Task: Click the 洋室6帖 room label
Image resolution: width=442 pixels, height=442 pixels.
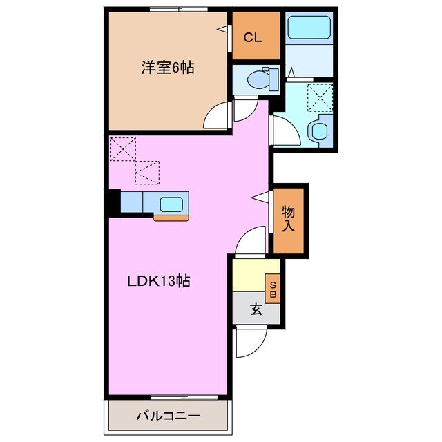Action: pos(168,68)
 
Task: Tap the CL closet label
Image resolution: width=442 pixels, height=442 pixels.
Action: pos(253,38)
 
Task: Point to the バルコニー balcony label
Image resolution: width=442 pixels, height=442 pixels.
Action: pos(167,416)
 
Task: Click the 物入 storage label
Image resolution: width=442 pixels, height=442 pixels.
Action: pos(289,220)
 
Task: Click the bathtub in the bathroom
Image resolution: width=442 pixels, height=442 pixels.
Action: pos(309,28)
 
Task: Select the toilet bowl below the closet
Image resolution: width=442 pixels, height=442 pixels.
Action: pos(260,79)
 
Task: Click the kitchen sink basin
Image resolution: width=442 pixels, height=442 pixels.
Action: pos(171,204)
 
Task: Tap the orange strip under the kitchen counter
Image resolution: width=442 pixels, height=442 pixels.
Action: pos(171,218)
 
